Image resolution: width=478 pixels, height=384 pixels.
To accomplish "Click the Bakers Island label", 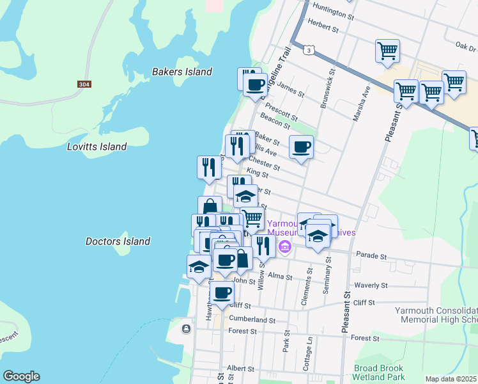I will point(181,72).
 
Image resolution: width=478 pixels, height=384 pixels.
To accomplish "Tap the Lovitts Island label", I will point(96,147).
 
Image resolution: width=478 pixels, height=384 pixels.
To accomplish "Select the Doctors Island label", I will point(118,241).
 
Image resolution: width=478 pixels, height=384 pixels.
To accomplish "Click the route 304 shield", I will point(84,84).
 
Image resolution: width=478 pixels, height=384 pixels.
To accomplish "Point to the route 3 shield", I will point(309,49).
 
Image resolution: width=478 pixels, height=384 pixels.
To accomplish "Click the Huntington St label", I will point(333,10).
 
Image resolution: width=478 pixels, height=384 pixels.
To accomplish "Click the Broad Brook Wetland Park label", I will point(378,373).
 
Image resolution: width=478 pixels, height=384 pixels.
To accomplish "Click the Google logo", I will point(21,376).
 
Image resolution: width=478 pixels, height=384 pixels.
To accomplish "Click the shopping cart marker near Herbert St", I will point(387,50).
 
